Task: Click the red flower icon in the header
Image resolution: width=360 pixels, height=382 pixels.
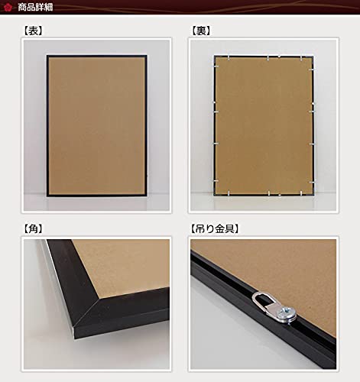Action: click(8, 7)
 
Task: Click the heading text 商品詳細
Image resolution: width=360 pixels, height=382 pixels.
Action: click(35, 7)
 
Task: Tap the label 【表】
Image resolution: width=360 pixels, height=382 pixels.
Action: click(33, 31)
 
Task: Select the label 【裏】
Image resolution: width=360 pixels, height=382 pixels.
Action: click(201, 31)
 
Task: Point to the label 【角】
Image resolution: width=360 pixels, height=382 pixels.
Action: click(33, 228)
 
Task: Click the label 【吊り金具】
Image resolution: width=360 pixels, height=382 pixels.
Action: click(215, 228)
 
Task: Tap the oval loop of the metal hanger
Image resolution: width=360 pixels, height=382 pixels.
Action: click(257, 296)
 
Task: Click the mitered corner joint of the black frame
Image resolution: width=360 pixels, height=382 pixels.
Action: click(86, 316)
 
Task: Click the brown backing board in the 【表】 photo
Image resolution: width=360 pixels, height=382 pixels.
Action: click(96, 125)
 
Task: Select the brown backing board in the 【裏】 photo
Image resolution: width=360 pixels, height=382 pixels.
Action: click(264, 125)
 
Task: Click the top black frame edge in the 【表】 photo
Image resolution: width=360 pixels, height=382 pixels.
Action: click(96, 57)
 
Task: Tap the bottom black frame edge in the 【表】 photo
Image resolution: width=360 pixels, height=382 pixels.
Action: click(96, 195)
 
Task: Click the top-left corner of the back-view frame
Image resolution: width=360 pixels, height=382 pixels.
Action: click(214, 56)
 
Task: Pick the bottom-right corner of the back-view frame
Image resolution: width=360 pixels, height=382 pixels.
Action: click(313, 195)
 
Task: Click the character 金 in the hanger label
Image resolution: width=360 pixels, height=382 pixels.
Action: click(219, 228)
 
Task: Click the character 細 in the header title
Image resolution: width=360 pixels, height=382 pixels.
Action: click(49, 7)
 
